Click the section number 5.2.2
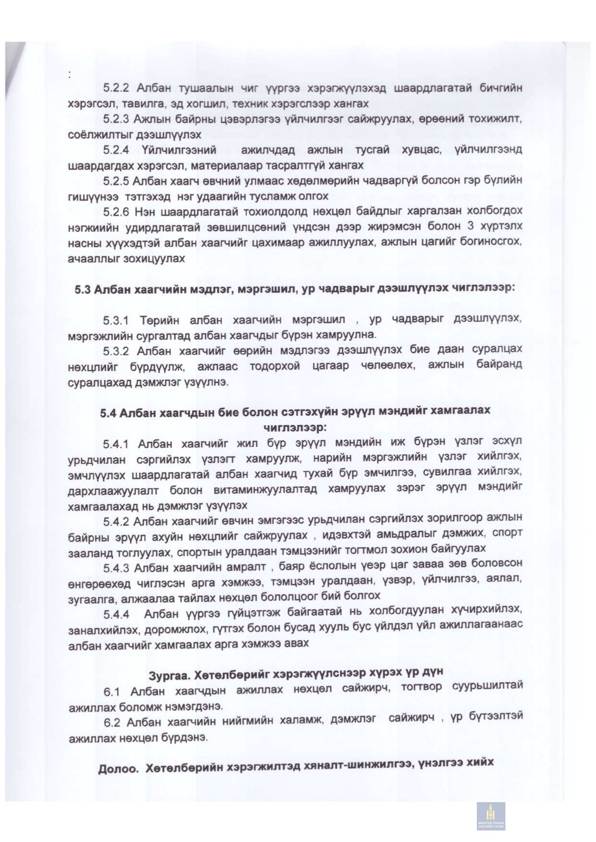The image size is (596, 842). pos(116,88)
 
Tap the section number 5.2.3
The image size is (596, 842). pos(116,119)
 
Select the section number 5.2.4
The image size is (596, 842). pos(116,150)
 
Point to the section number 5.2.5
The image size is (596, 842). pos(116,181)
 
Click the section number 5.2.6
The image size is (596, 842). pos(116,212)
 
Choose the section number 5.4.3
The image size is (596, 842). pos(116,568)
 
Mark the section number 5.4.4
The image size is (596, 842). pos(116,615)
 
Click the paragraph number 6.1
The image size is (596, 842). pos(112,692)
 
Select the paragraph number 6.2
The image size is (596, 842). pos(112,722)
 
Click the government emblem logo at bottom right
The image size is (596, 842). pos(491,816)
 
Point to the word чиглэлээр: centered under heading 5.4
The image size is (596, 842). pos(295,427)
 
